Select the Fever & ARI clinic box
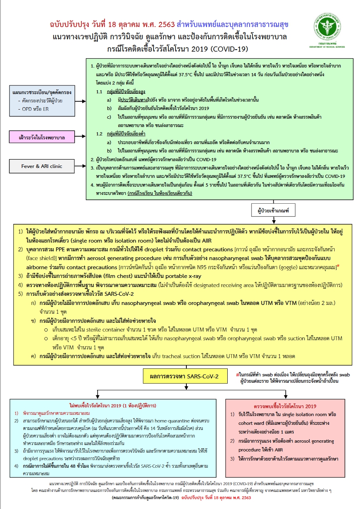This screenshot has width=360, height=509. [42, 166]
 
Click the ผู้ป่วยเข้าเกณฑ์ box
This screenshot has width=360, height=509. [273, 209]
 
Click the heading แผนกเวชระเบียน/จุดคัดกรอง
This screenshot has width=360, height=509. [42, 92]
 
